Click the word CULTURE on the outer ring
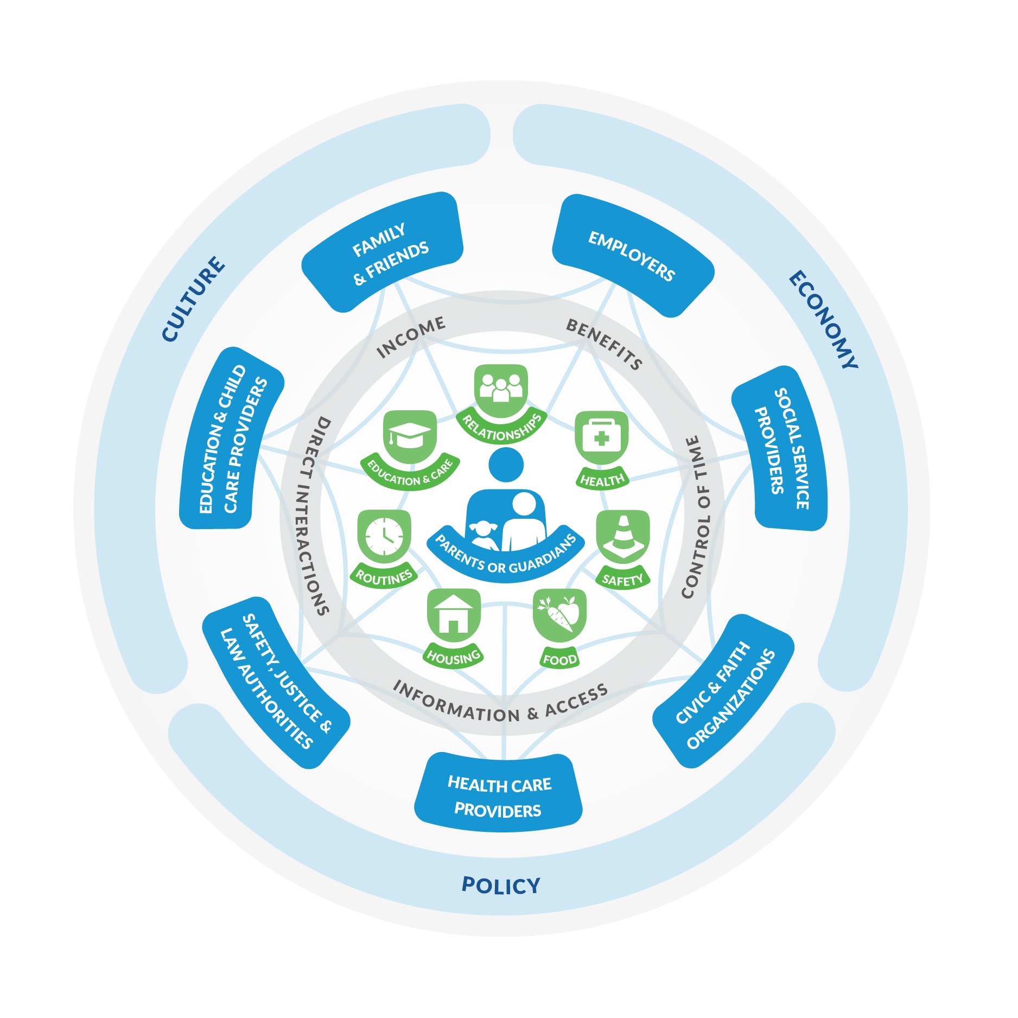193,298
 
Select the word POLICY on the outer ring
500,886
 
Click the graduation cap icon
410,436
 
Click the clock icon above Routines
384,535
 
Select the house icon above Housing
453,614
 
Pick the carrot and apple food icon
559,614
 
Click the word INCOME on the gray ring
411,336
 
